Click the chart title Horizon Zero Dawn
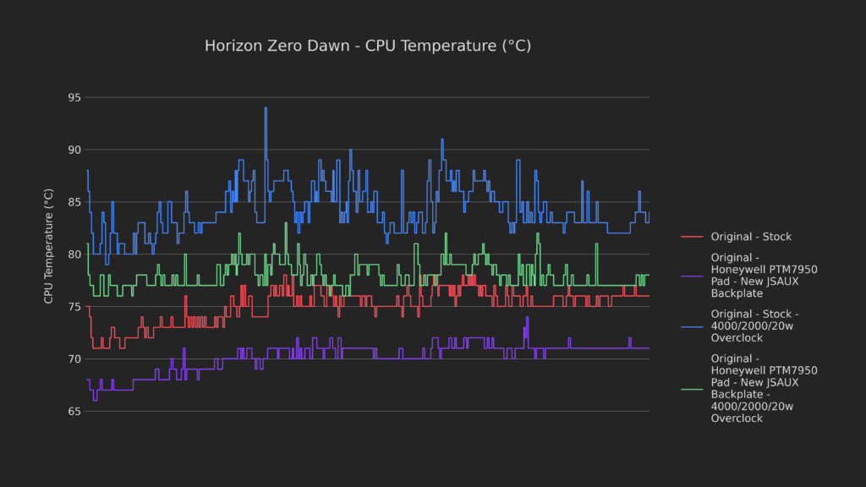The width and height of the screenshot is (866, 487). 368,46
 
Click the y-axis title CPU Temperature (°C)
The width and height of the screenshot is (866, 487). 49,246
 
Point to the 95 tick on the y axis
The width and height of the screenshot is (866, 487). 74,98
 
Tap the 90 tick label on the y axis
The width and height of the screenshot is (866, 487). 74,150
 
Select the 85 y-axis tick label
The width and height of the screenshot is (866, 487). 74,202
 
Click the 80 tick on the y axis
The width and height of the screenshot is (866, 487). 74,254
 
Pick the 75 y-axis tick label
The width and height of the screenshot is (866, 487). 74,307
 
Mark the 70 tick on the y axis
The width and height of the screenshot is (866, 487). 74,359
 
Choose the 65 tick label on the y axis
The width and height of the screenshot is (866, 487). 74,412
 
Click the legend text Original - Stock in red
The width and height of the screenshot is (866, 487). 751,237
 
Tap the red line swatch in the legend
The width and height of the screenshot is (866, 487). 691,237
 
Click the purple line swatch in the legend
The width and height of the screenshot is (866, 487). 691,275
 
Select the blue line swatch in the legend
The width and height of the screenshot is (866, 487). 691,326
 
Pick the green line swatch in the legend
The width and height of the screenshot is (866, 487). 691,388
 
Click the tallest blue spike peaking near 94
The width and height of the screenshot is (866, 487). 266,109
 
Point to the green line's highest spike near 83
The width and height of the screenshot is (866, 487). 286,223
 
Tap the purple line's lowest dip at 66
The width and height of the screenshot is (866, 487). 95,399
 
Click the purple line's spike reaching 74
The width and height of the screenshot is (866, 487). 527,318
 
